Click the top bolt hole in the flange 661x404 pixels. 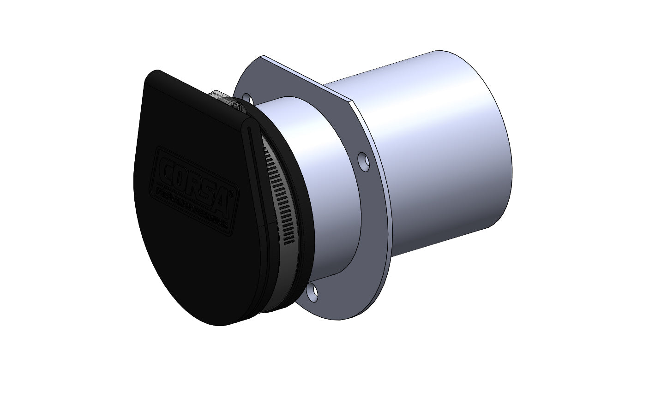point(247,99)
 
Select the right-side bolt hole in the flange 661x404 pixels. point(364,162)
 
